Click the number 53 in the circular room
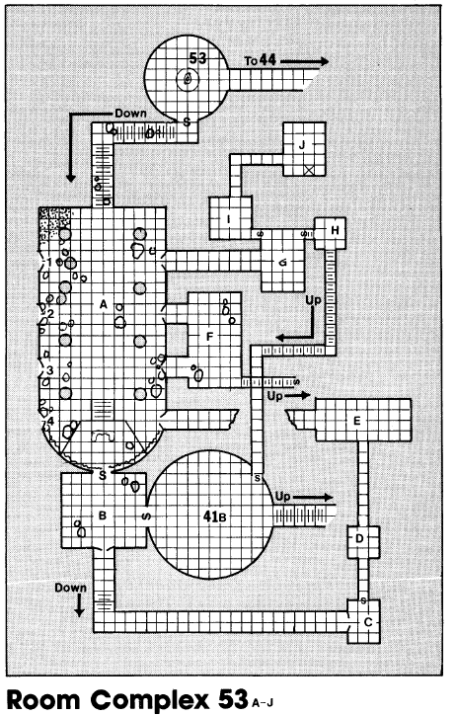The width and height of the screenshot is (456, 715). pos(197,58)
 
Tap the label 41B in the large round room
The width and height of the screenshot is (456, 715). pos(214,516)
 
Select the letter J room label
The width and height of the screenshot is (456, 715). pos(302,145)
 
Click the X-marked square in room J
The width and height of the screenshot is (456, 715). pos(309,171)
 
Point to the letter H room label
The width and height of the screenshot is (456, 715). pos(335,230)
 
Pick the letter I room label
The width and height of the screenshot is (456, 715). pos(229,219)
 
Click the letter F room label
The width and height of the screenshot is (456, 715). pos(209,337)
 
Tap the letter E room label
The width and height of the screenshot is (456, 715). pos(356,420)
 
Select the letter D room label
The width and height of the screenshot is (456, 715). pos(359,538)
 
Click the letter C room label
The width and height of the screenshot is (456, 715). pos(368,622)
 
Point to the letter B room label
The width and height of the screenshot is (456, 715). pos(103,516)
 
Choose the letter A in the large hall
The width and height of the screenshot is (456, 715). pos(104,304)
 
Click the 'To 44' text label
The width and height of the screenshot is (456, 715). pos(261,60)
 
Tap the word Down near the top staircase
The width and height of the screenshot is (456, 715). pos(130,114)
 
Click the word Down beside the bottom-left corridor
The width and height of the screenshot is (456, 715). pos(71,588)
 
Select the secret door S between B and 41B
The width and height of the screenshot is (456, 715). pos(147,516)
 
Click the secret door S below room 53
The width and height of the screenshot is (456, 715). pos(187,121)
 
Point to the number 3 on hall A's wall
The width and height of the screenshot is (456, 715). pos(50,370)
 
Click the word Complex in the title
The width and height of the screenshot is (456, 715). pos(150,700)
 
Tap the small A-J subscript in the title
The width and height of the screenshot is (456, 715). pos(262,703)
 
